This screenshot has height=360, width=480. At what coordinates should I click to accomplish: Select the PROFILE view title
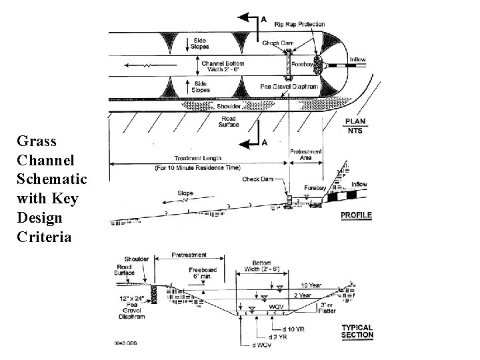pyautogui.click(x=356, y=215)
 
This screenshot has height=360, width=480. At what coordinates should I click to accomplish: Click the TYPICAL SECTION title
pyautogui.click(x=357, y=331)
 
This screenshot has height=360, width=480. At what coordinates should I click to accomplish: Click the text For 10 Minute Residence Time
pyautogui.click(x=198, y=167)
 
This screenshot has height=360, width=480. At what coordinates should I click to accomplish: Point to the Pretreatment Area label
pyautogui.click(x=306, y=155)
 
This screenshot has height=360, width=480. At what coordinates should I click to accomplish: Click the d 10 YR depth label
pyautogui.click(x=293, y=329)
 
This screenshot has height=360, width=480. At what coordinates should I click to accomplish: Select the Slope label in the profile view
pyautogui.click(x=185, y=193)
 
